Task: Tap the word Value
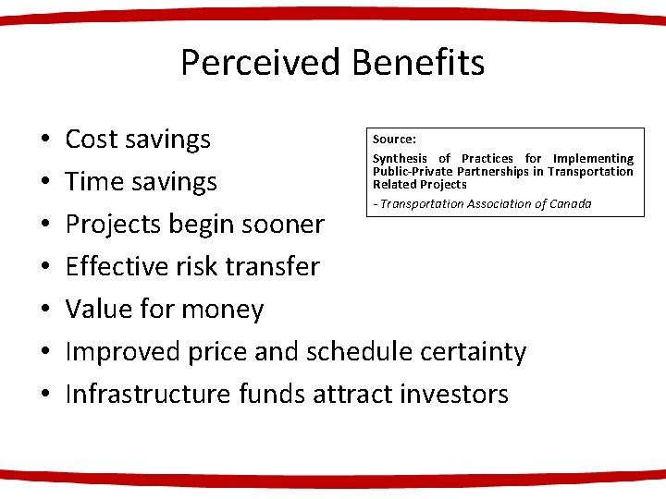pyautogui.click(x=101, y=310)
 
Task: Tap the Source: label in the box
pyautogui.click(x=394, y=140)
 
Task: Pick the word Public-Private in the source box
pyautogui.click(x=412, y=172)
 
